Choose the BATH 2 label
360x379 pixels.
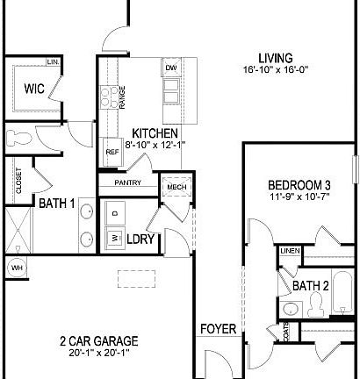coord(311,286)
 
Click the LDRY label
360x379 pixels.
coord(140,239)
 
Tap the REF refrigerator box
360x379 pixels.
coord(112,152)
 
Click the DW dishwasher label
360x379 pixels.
coord(171,68)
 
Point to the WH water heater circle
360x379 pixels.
coord(16,267)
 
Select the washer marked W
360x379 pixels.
coord(113,237)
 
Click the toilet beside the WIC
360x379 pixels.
coord(19,138)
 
